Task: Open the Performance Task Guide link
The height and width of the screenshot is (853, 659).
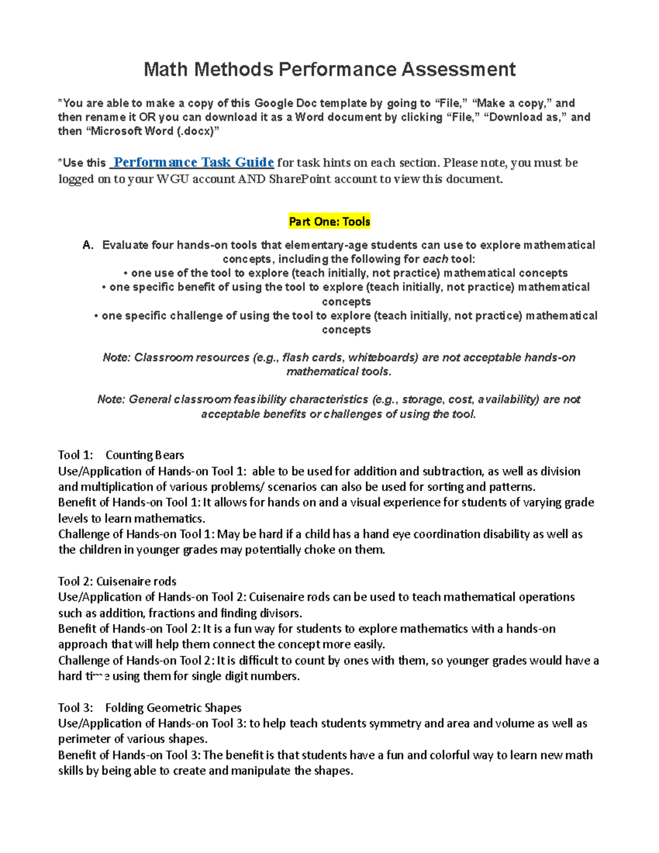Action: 193,163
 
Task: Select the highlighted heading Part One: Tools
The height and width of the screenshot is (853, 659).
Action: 329,222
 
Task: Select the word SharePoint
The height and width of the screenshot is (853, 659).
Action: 300,179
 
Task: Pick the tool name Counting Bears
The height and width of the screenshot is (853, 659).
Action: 144,455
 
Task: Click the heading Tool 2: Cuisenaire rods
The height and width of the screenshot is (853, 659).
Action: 117,581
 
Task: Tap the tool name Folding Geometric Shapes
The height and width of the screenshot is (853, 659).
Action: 173,707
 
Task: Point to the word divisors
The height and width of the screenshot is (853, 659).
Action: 280,613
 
